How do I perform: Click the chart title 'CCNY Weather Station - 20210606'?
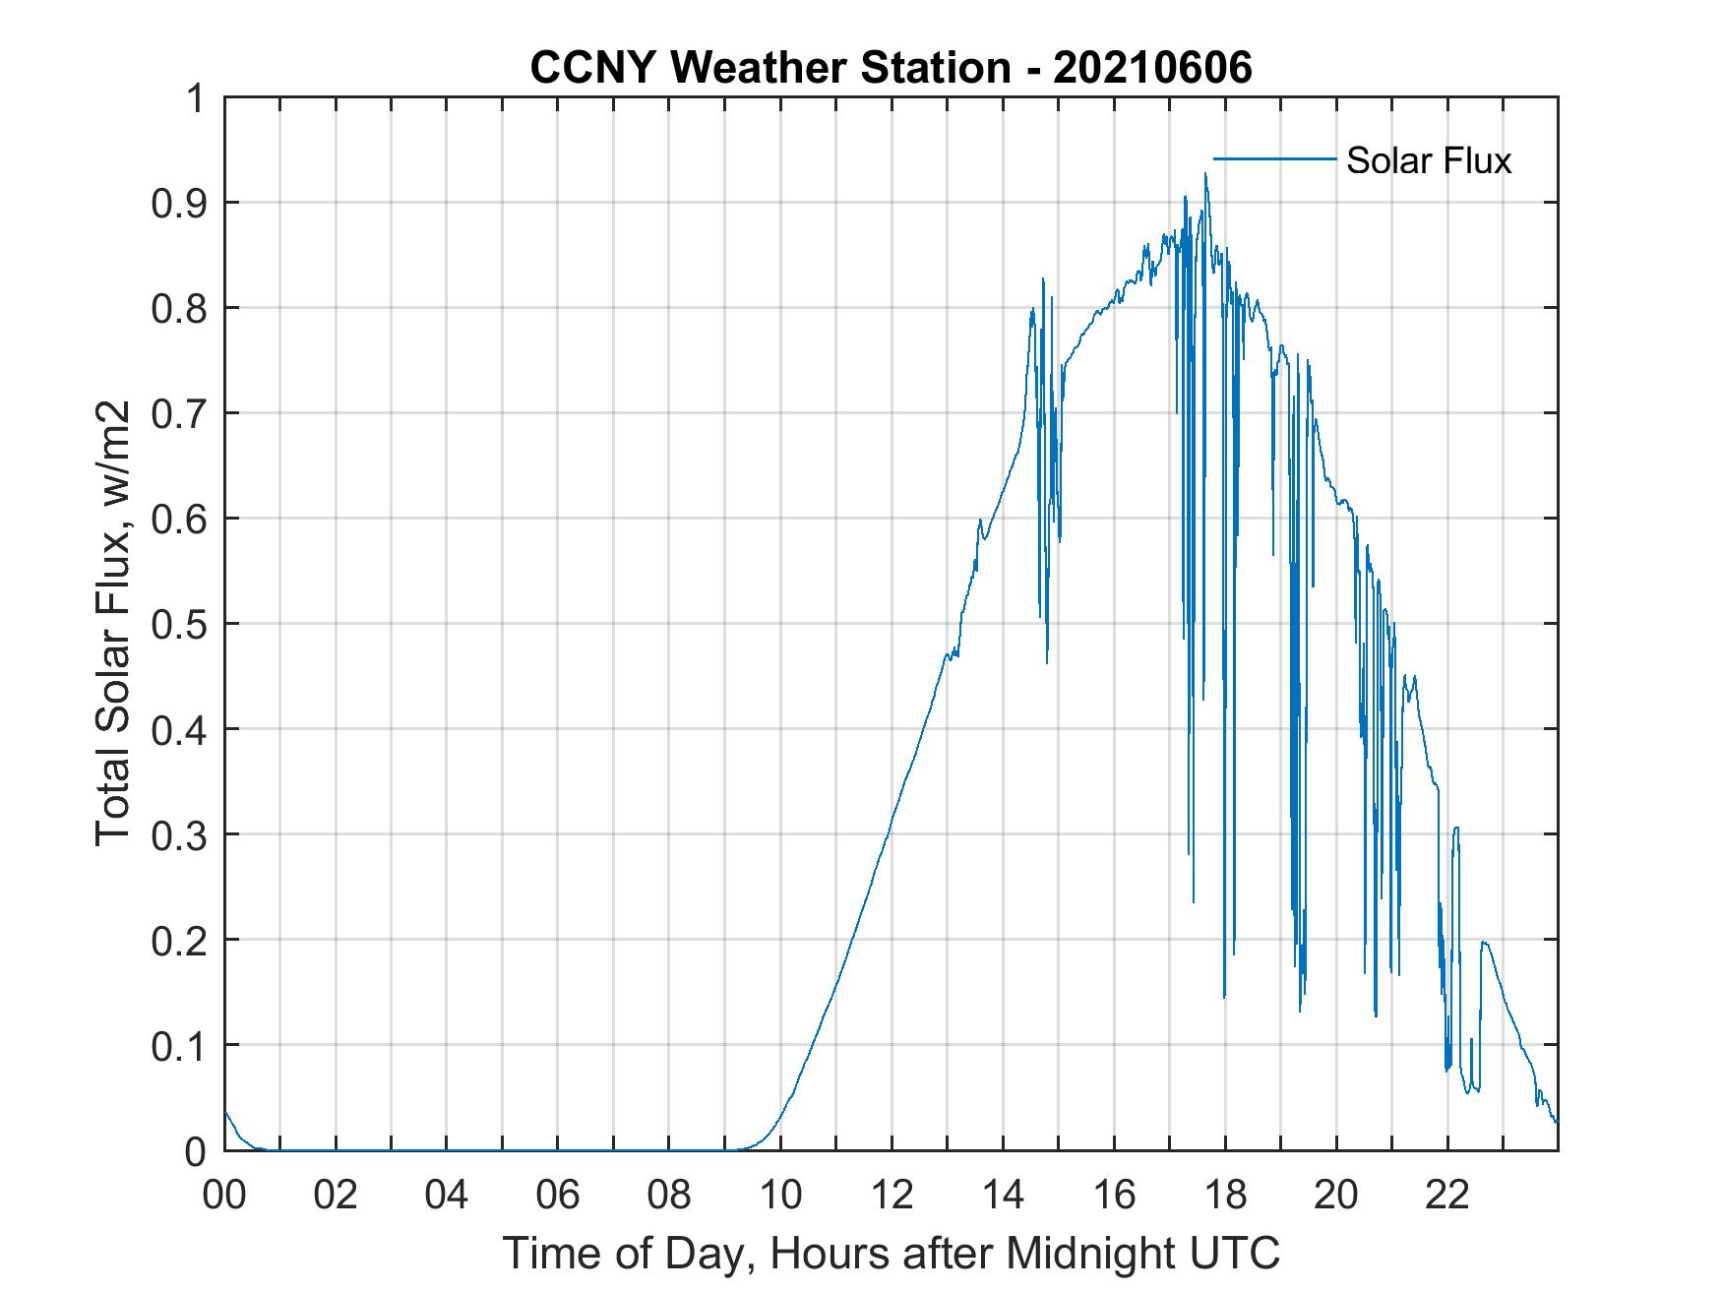coord(891,68)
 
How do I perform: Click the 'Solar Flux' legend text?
coord(1428,160)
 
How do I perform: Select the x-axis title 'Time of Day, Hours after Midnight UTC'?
coord(892,1254)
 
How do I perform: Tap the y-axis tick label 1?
coord(197,98)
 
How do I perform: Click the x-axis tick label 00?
coord(224,1196)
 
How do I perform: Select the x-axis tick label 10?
coord(780,1196)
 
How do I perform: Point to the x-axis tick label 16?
coord(1114,1196)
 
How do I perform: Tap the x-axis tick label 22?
coord(1447,1196)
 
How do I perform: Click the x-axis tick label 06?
coord(558,1196)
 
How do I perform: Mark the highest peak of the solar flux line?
coord(1205,174)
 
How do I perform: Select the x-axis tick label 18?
coord(1225,1196)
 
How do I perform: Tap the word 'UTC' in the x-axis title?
coord(1235,1254)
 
